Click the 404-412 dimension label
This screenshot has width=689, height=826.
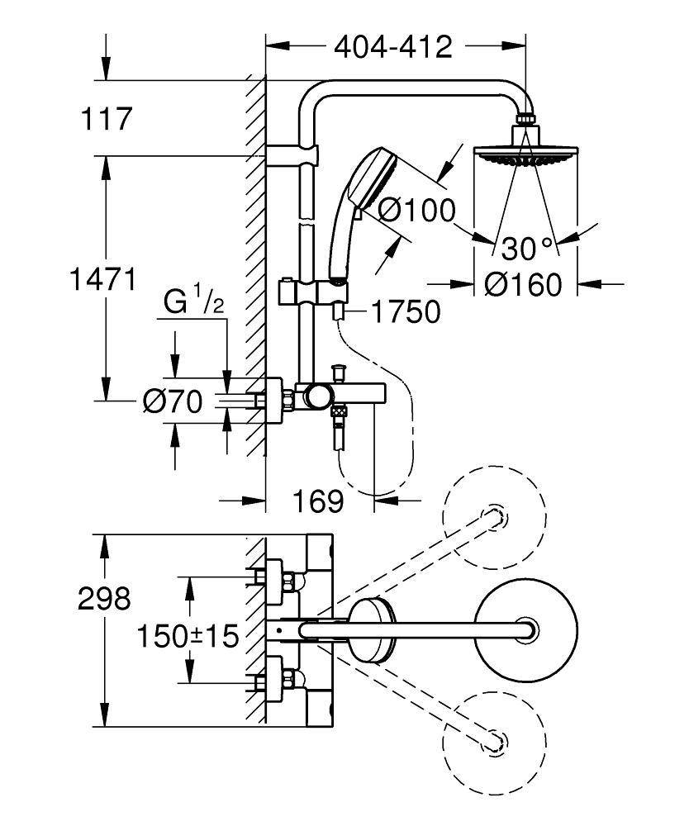[393, 47]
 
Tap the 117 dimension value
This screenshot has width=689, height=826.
[106, 120]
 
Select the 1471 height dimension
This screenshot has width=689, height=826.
[102, 281]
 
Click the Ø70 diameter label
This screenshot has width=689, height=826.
[172, 402]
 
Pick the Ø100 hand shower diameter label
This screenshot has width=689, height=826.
[416, 211]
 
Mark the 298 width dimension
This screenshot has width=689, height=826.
[104, 599]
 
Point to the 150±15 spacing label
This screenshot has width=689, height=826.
[188, 636]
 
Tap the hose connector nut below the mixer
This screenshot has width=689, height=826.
[339, 411]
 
